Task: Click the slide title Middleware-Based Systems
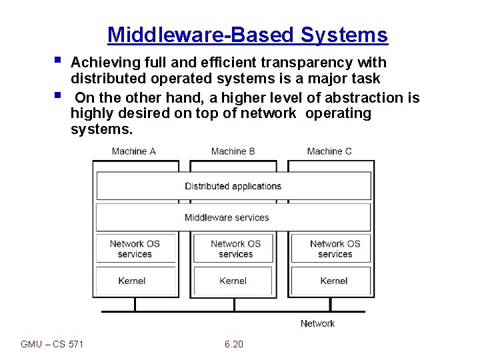(247, 35)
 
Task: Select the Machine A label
(134, 151)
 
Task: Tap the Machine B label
(233, 151)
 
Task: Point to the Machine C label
(329, 151)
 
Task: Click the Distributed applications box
(233, 186)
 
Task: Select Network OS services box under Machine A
(135, 249)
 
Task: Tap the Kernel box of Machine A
(132, 281)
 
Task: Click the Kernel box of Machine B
(233, 281)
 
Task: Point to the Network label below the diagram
(317, 323)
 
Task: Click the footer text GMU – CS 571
(53, 344)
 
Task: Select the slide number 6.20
(234, 344)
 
